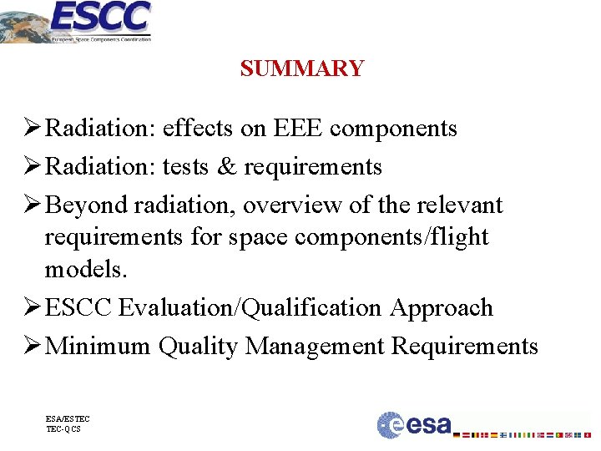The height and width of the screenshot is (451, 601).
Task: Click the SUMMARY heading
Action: pos(301,68)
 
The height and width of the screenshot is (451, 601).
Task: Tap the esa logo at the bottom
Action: pos(414,424)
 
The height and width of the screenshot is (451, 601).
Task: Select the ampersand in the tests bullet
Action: pos(227,167)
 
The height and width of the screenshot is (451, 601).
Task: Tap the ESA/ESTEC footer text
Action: pos(68,418)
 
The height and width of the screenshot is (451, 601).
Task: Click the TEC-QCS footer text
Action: pos(63,429)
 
